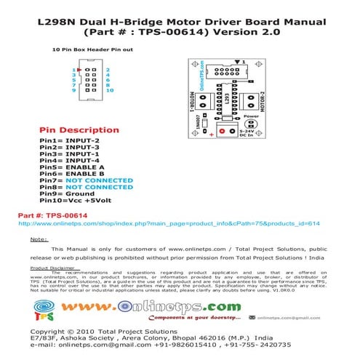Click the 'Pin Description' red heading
pos(79,130)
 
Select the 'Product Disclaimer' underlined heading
pos(52,268)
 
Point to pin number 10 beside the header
pos(109,91)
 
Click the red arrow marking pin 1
pos(80,68)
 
